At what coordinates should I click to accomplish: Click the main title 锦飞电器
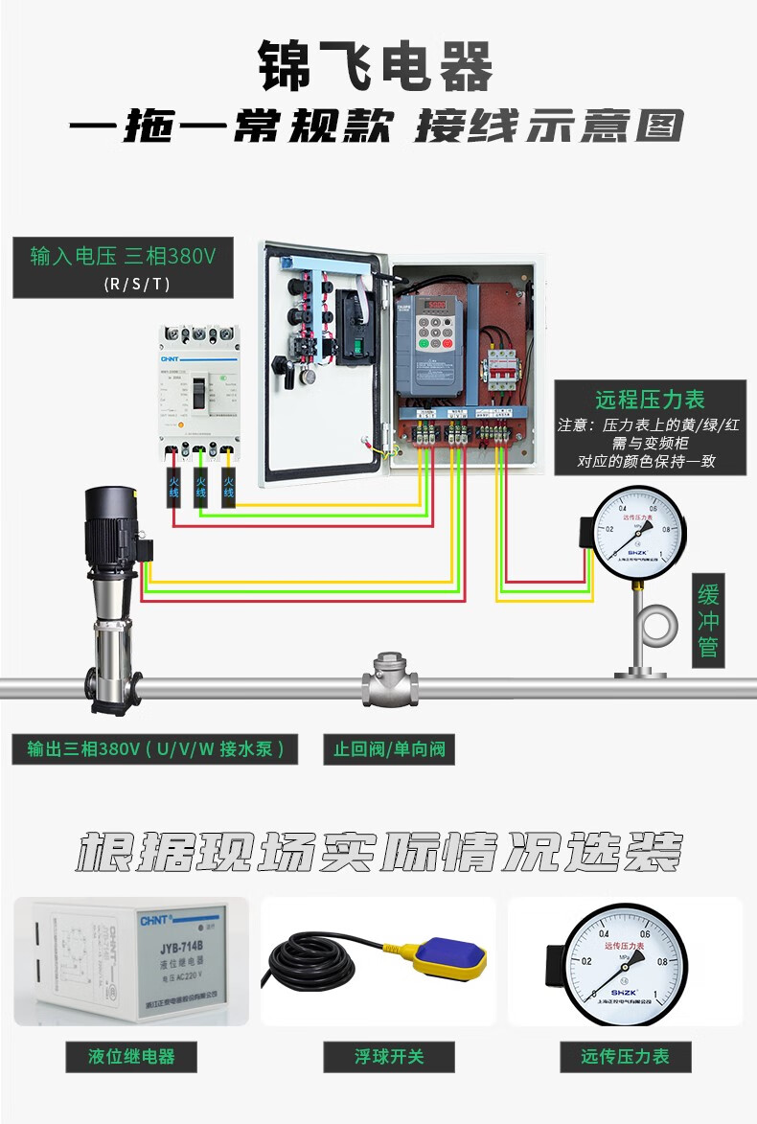[x=377, y=67]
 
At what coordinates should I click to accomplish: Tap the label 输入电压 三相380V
[x=124, y=257]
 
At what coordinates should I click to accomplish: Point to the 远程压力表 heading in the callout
[x=650, y=400]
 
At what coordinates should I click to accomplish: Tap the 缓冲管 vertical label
[x=708, y=621]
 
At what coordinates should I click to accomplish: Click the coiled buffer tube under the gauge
[x=659, y=626]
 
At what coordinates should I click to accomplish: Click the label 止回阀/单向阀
[x=389, y=748]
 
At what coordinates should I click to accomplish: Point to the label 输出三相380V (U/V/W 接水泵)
[x=154, y=748]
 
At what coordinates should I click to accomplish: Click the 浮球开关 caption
[x=388, y=1057]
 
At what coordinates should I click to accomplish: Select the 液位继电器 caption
[x=131, y=1057]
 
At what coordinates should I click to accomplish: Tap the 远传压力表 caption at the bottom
[x=625, y=1057]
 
